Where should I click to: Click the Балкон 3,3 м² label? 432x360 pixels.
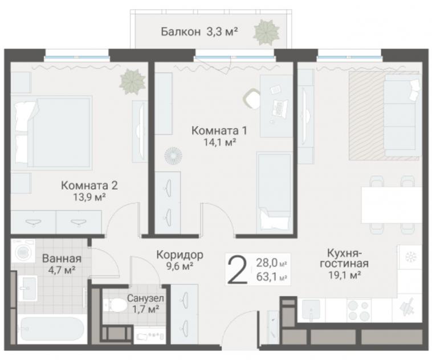click(x=199, y=32)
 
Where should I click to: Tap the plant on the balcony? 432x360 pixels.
click(x=266, y=32)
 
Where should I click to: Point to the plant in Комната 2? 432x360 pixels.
click(x=132, y=82)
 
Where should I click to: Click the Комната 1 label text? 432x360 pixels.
click(x=219, y=130)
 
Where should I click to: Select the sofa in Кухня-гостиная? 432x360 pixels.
click(x=402, y=116)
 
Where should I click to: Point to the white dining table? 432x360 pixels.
click(x=392, y=205)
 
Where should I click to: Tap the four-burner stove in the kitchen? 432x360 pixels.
click(x=358, y=310)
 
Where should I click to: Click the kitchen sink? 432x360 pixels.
click(x=311, y=310)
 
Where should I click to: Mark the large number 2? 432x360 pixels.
click(x=237, y=269)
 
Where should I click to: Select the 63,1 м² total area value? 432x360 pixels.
click(x=272, y=277)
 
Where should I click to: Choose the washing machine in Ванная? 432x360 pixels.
click(x=23, y=251)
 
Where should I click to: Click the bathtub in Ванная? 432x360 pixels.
click(x=51, y=330)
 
